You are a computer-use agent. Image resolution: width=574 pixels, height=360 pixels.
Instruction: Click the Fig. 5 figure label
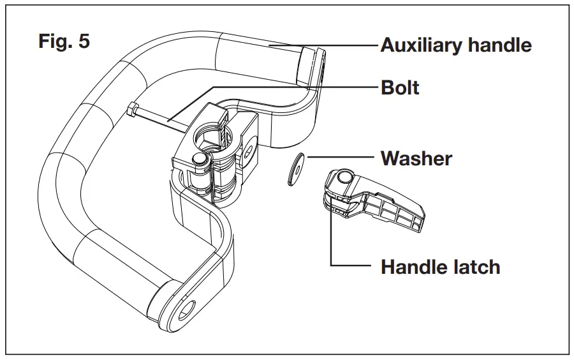click(64, 42)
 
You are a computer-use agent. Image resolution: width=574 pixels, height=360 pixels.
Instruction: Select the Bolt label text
click(400, 87)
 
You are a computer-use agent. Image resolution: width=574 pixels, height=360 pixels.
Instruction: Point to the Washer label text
click(416, 158)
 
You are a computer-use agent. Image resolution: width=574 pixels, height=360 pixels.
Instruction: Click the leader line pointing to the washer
click(338, 158)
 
